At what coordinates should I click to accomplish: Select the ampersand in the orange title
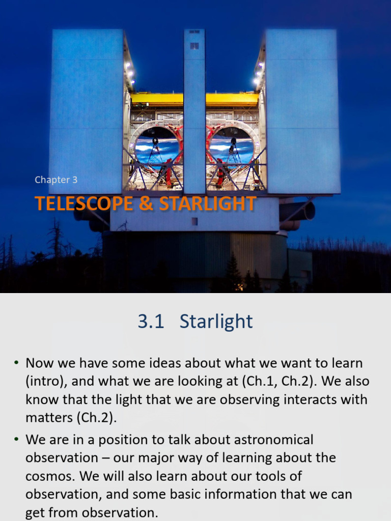pyautogui.click(x=147, y=204)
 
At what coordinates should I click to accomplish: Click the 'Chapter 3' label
pyautogui.click(x=56, y=180)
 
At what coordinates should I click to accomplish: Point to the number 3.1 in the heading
pyautogui.click(x=151, y=322)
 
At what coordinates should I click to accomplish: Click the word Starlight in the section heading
pyautogui.click(x=216, y=322)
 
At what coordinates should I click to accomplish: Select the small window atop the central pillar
pyautogui.click(x=194, y=46)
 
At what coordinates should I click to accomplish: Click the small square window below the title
pyautogui.click(x=194, y=221)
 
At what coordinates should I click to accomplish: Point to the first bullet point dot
pyautogui.click(x=16, y=363)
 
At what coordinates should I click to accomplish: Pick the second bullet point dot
pyautogui.click(x=16, y=439)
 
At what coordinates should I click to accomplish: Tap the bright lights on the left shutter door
pyautogui.click(x=130, y=74)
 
